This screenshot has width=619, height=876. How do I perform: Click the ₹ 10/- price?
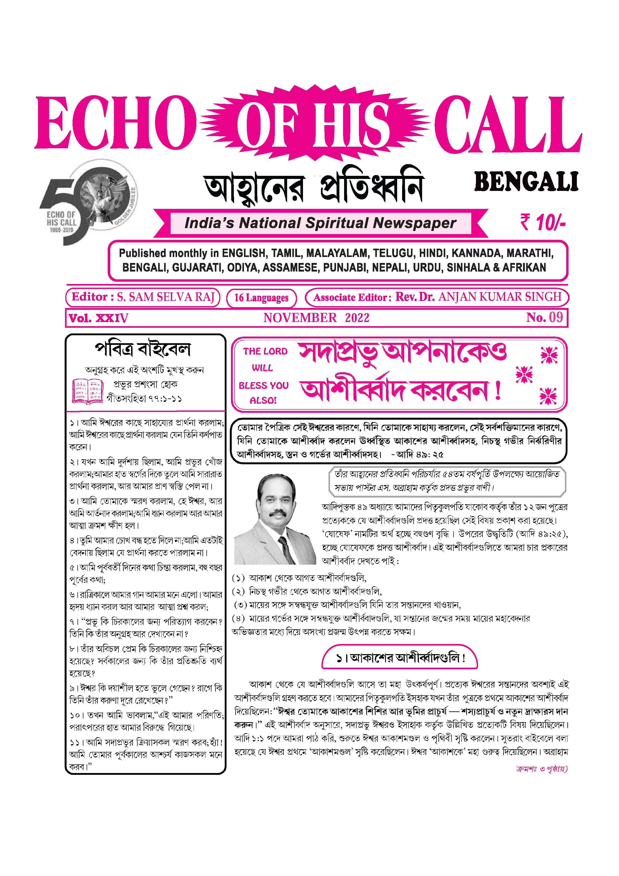coord(542,222)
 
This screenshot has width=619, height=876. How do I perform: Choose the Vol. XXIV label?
coord(99,318)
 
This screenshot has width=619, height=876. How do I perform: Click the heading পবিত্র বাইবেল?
coord(143,349)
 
